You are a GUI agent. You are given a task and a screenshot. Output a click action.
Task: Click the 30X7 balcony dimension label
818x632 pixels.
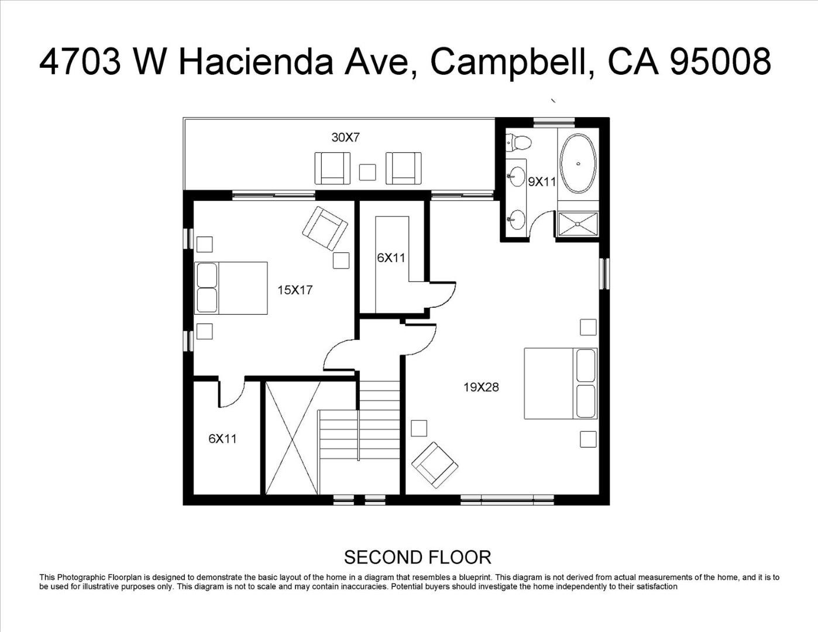pyautogui.click(x=345, y=138)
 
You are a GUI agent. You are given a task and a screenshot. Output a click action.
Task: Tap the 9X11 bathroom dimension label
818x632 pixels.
pyautogui.click(x=542, y=182)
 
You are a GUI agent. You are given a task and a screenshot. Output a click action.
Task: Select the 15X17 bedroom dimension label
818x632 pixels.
pyautogui.click(x=295, y=290)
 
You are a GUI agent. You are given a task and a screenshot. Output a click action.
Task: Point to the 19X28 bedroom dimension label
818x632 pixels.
pyautogui.click(x=481, y=387)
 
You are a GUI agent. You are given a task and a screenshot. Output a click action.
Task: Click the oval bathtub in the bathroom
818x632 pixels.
pyautogui.click(x=578, y=163)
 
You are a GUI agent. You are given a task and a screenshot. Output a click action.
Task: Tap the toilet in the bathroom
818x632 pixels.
pyautogui.click(x=518, y=143)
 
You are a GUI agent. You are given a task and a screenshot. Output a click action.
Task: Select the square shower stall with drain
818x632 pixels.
pyautogui.click(x=578, y=224)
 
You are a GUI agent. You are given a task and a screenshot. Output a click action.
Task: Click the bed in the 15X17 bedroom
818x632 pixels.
pyautogui.click(x=231, y=288)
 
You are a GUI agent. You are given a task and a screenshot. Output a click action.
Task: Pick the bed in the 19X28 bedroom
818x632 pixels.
pyautogui.click(x=561, y=383)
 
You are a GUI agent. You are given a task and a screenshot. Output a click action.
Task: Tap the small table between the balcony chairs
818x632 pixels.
pyautogui.click(x=367, y=172)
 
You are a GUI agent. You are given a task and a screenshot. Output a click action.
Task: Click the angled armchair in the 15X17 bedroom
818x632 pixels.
pyautogui.click(x=325, y=228)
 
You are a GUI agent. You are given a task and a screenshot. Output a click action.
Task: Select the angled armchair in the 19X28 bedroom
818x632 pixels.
pyautogui.click(x=435, y=465)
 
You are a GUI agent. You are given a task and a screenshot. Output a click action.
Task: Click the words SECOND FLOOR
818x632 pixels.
pyautogui.click(x=417, y=558)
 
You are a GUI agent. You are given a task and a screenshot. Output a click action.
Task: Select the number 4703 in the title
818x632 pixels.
pyautogui.click(x=80, y=61)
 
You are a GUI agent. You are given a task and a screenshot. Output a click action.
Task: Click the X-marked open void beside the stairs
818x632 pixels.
pyautogui.click(x=293, y=438)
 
